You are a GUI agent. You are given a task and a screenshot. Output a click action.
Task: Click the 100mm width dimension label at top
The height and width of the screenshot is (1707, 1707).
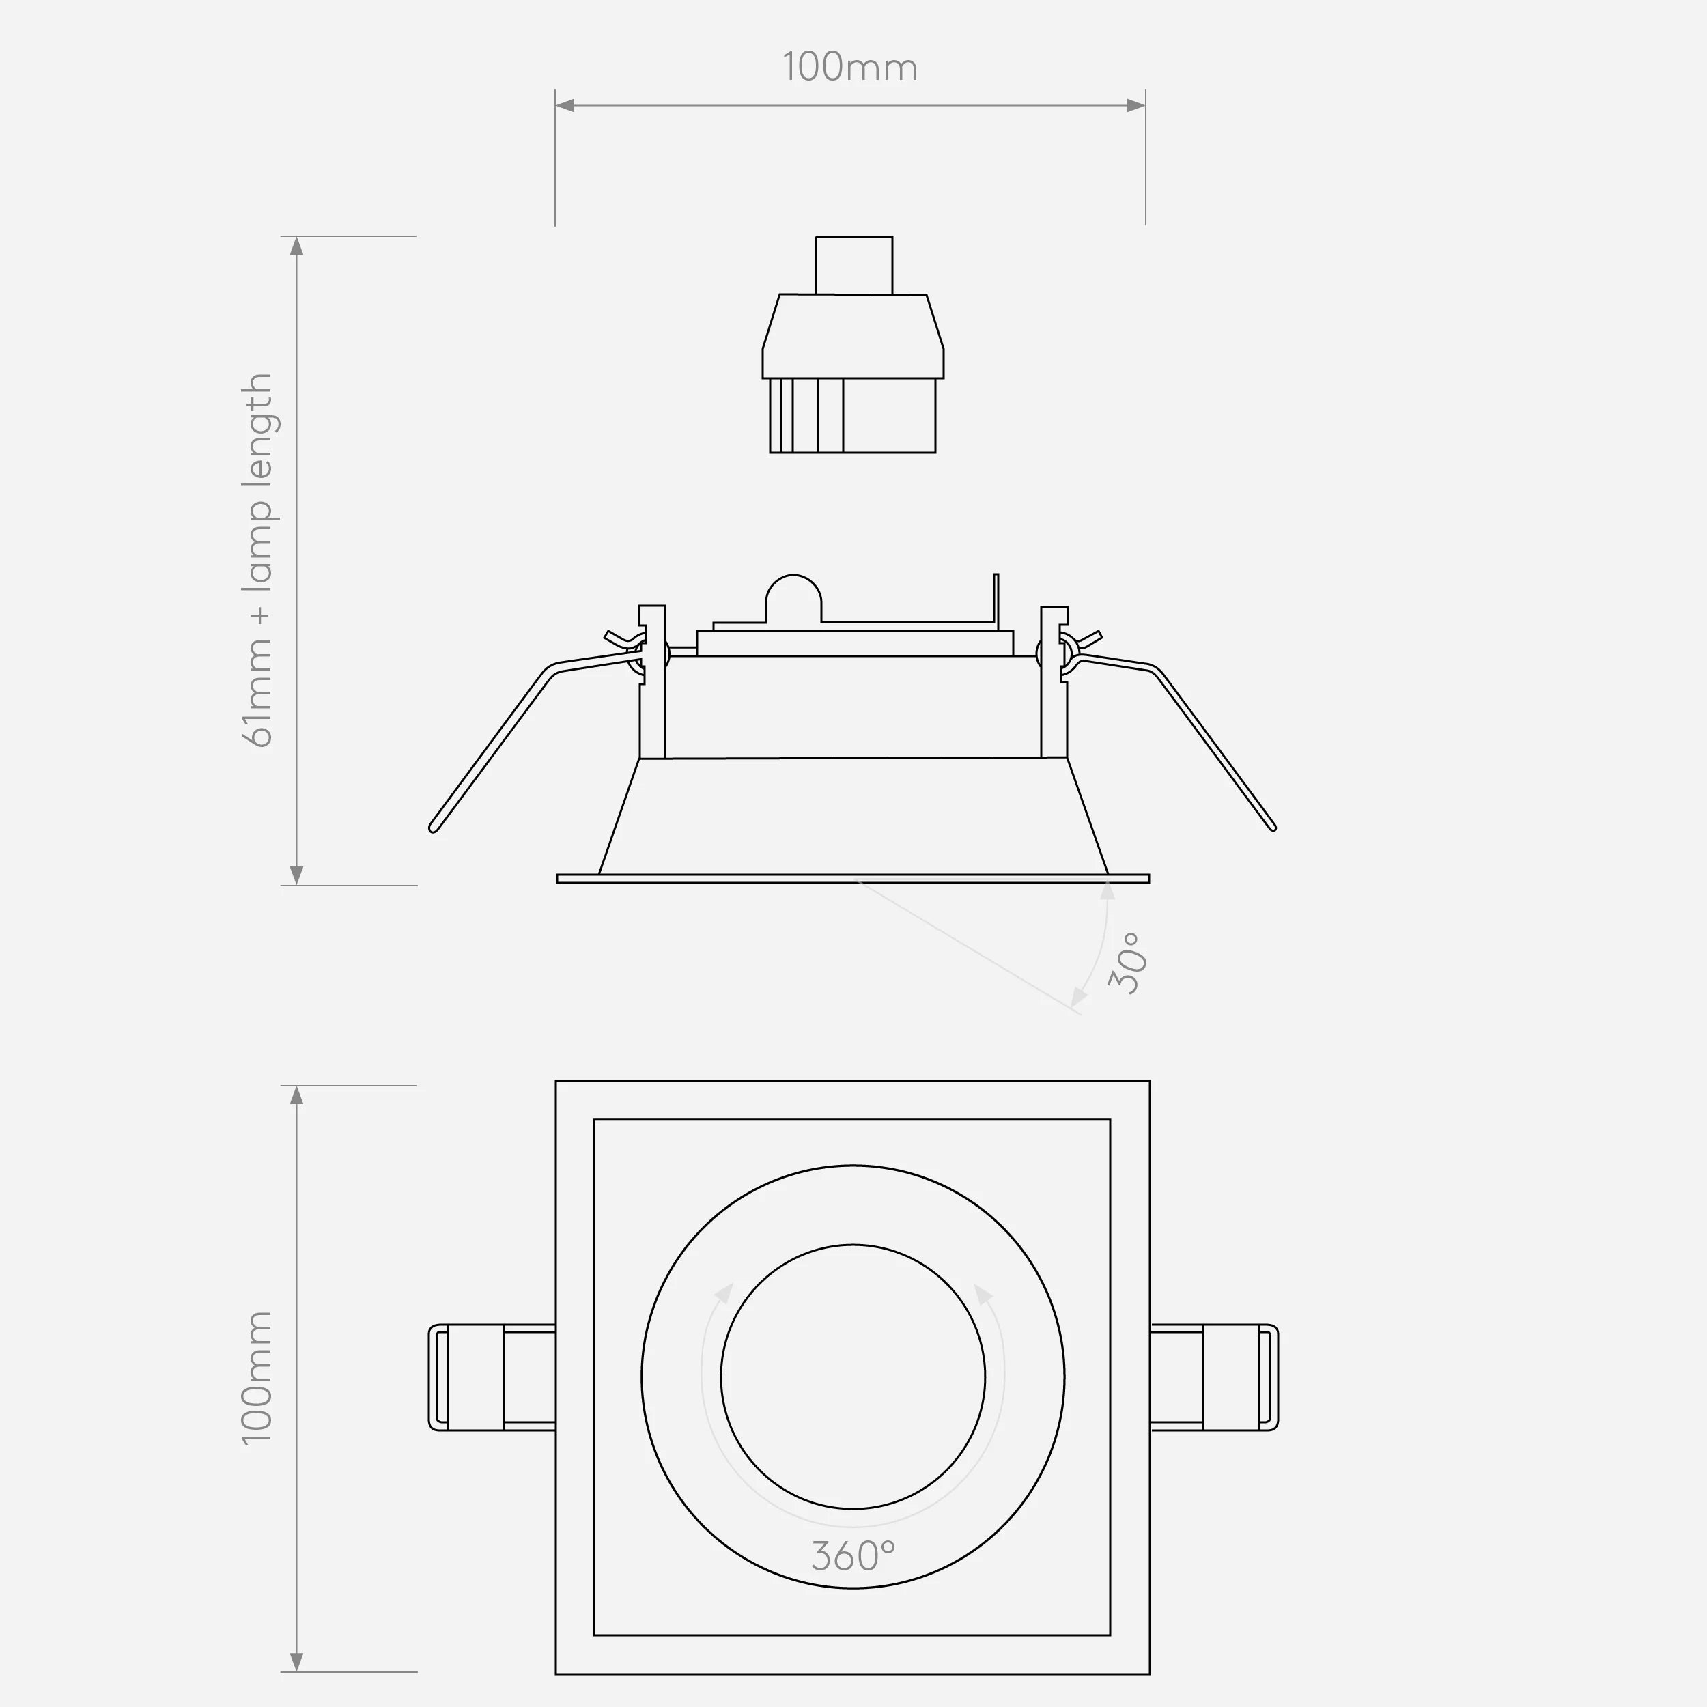coord(850,68)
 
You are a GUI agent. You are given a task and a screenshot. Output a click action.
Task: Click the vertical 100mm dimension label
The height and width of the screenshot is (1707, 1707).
coord(257,1379)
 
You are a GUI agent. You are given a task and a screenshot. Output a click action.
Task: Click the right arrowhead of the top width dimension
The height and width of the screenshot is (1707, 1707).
coord(1136,105)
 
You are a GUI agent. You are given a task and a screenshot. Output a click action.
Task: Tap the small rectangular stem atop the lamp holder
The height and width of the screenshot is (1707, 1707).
coord(853,264)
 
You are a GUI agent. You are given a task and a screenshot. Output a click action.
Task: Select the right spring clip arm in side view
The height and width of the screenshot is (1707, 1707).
coord(1215,746)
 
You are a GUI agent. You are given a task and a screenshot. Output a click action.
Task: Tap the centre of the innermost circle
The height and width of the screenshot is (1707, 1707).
coord(853,1377)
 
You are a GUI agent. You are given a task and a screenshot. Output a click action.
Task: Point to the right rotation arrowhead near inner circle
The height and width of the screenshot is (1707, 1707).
coord(983,1295)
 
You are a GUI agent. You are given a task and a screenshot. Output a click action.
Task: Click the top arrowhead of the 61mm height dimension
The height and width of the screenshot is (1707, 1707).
coord(297,246)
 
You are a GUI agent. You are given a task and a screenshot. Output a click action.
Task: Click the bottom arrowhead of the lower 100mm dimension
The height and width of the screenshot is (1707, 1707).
coord(297,1662)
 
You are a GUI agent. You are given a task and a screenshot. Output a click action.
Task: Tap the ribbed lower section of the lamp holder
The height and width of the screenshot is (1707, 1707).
coord(853,415)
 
